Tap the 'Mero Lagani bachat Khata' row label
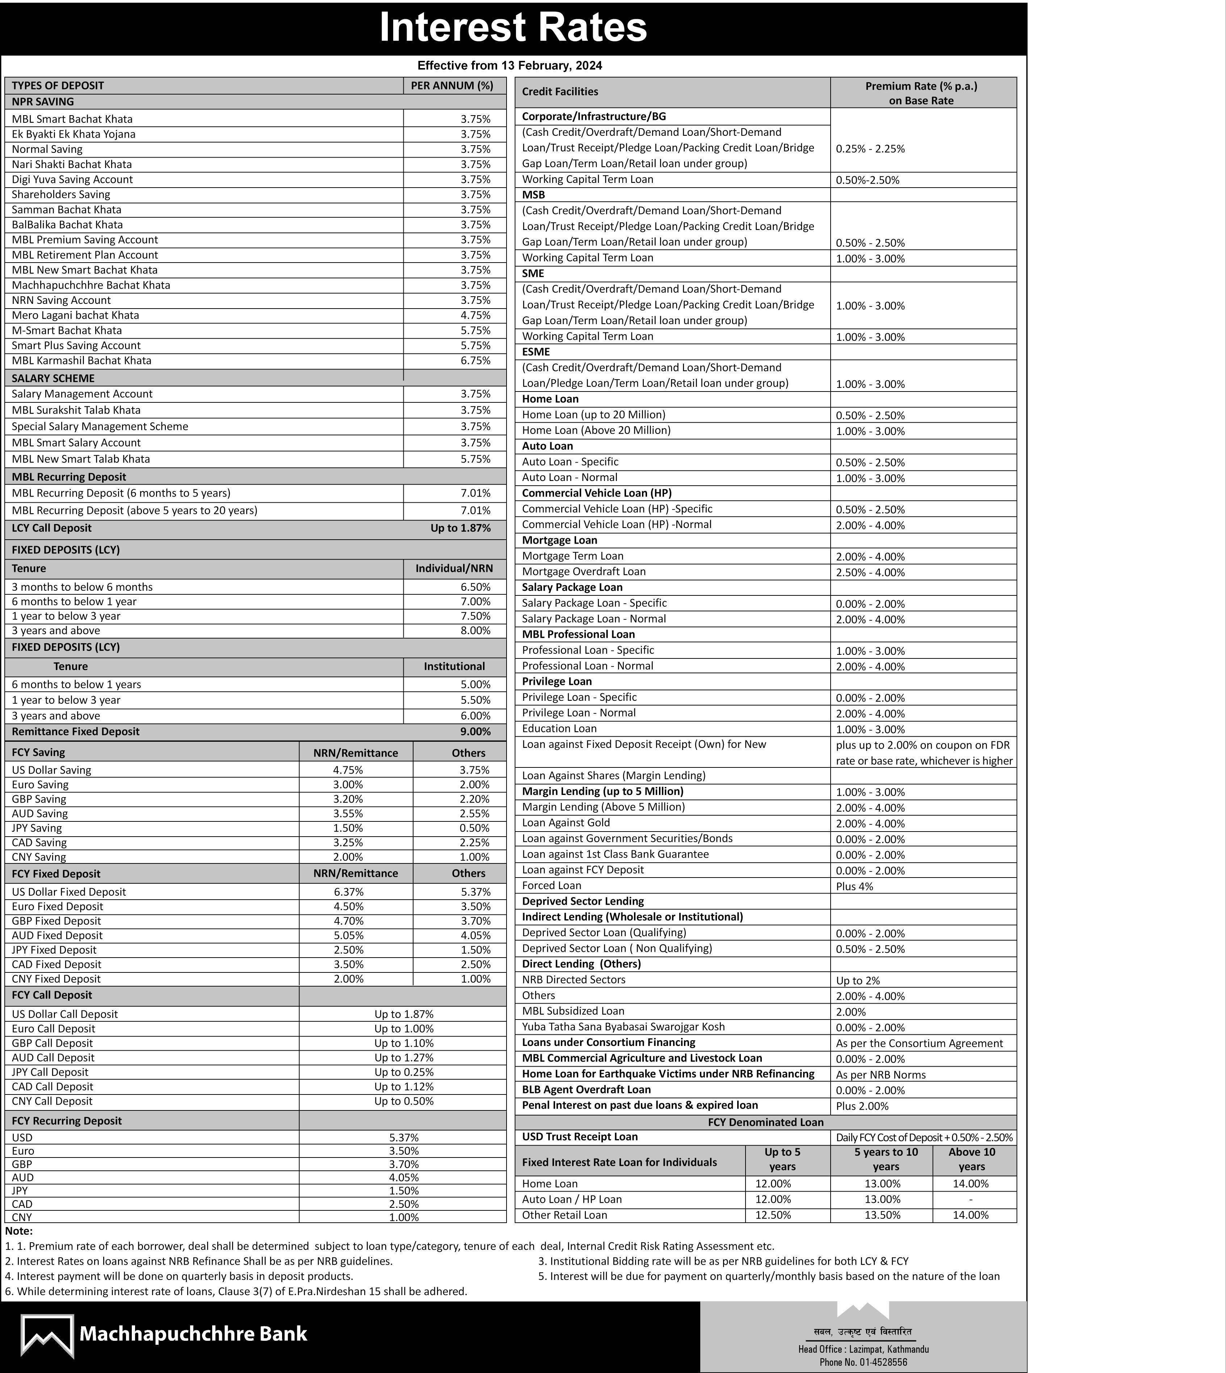75,315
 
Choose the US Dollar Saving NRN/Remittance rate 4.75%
348,770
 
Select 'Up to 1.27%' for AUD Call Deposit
403,1058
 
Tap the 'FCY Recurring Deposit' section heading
67,1121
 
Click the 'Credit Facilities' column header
560,92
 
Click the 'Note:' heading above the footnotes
19,1231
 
